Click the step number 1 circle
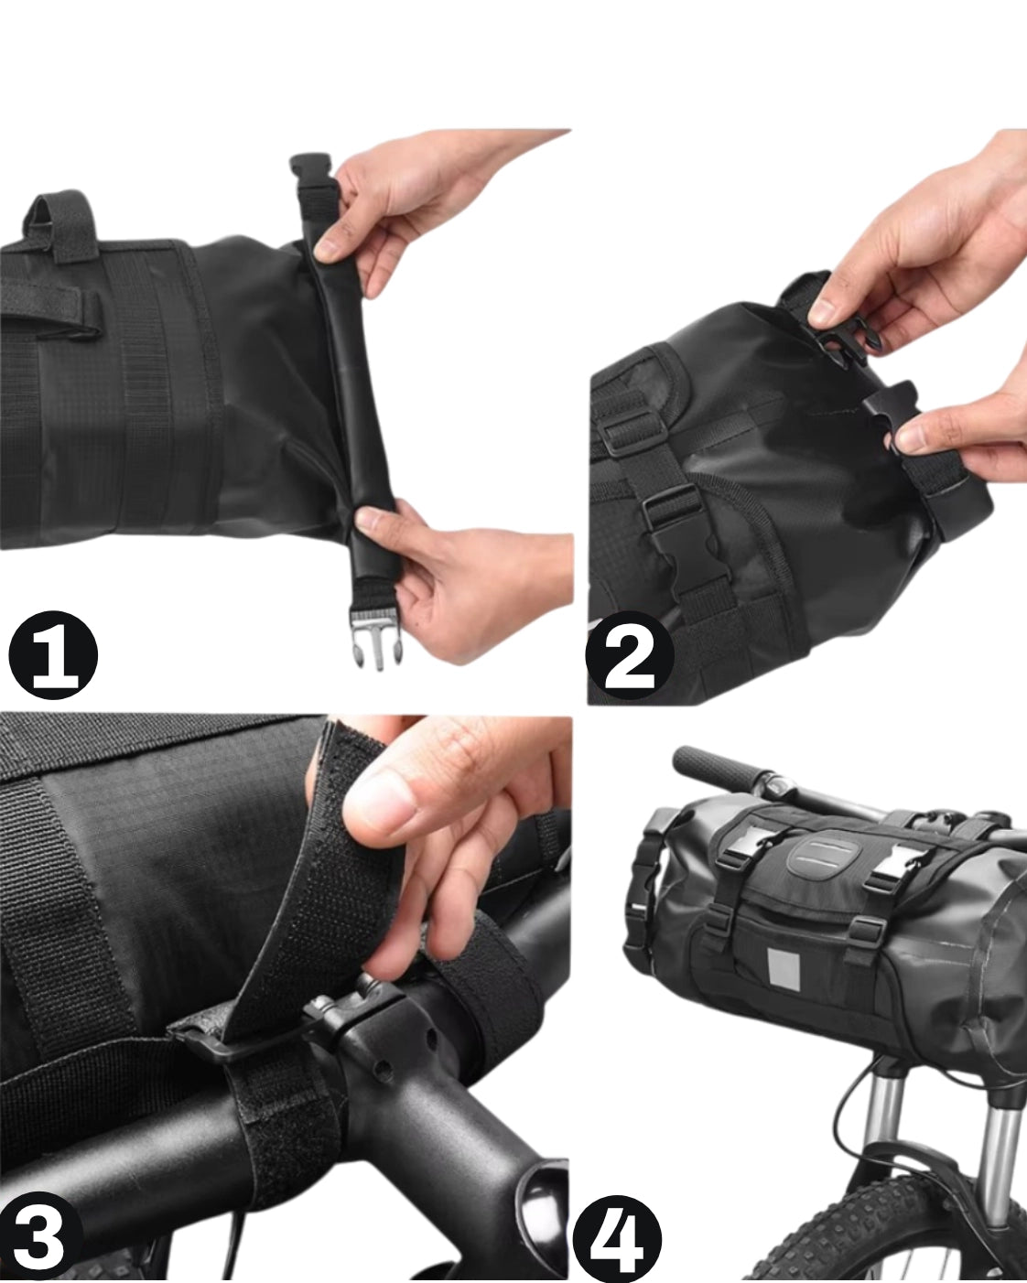coord(53,654)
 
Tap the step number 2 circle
coord(630,655)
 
